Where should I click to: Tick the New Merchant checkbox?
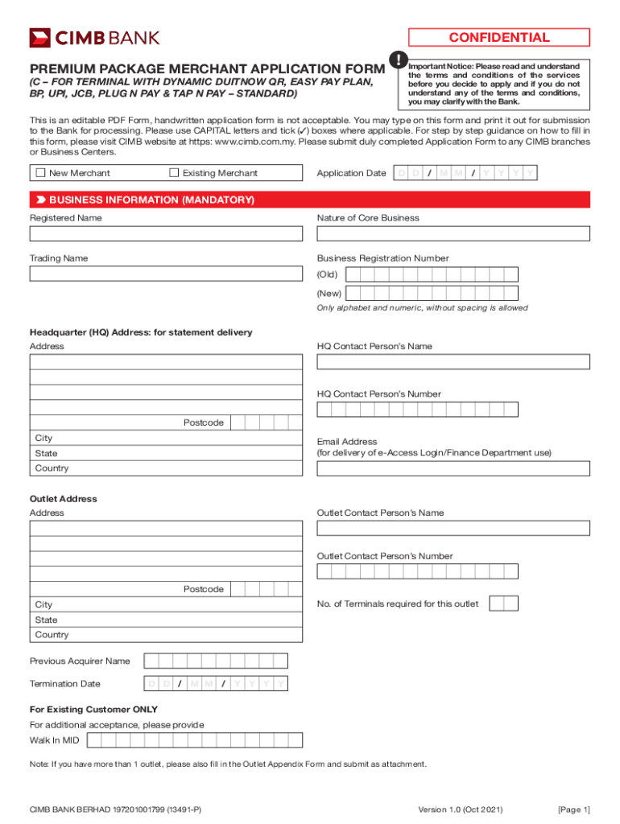tap(39, 173)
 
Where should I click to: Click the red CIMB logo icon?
tap(40, 38)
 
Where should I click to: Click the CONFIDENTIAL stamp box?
tap(499, 38)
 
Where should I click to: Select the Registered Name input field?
tap(166, 233)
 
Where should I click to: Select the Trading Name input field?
tap(166, 274)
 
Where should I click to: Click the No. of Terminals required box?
tap(503, 604)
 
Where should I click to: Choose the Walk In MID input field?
tap(196, 740)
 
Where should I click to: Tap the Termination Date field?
tap(216, 684)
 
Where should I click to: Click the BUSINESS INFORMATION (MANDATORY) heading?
tap(151, 200)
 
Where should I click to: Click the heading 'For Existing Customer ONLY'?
tap(93, 710)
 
